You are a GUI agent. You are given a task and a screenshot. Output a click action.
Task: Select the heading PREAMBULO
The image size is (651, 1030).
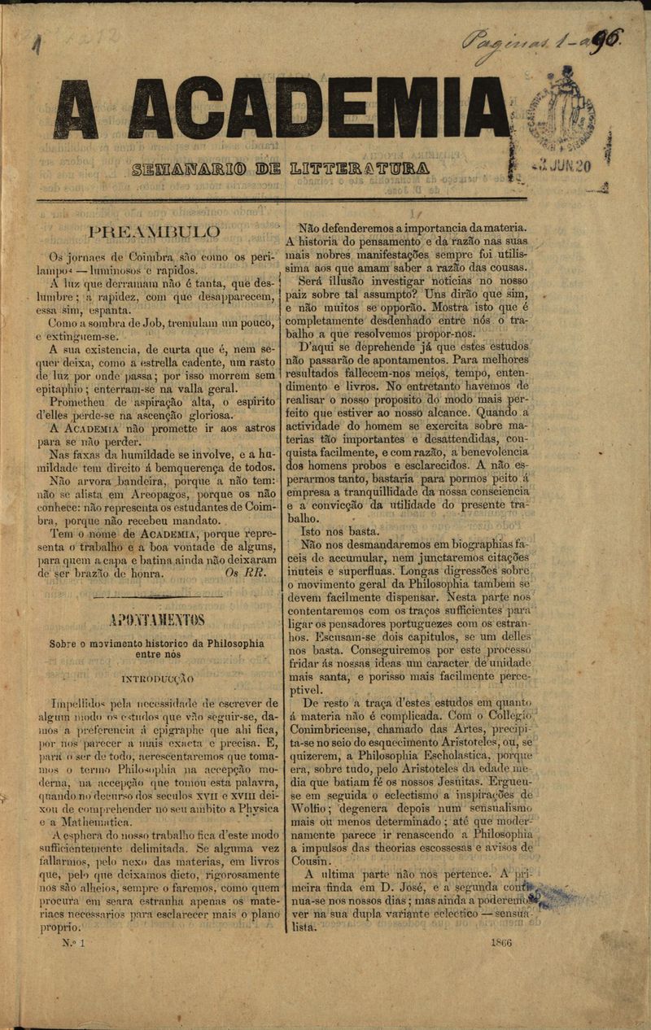(x=155, y=232)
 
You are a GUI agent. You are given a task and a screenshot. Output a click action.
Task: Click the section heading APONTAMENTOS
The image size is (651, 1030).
(x=158, y=621)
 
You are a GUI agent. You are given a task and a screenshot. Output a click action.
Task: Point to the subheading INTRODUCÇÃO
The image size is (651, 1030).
(x=157, y=677)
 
